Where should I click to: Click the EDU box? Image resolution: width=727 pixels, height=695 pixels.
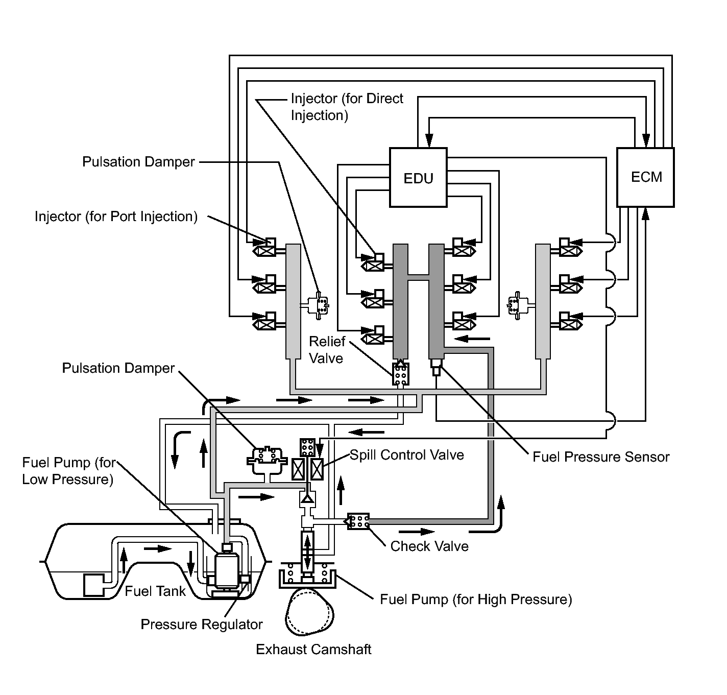[x=418, y=178]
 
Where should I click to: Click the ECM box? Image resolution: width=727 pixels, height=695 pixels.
[x=646, y=177]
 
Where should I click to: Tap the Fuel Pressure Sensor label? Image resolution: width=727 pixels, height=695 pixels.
[x=601, y=457]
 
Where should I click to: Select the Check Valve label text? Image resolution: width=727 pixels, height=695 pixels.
[x=429, y=546]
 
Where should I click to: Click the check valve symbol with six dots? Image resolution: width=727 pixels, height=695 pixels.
[x=358, y=521]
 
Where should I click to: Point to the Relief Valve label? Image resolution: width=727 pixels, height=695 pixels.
[x=327, y=350]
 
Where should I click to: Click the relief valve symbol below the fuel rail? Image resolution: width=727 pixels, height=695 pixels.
[x=400, y=374]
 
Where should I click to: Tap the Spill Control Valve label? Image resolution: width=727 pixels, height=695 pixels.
[x=407, y=455]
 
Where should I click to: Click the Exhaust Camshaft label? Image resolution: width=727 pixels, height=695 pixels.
[x=313, y=650]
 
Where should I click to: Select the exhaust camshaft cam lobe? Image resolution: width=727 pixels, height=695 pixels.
[x=307, y=611]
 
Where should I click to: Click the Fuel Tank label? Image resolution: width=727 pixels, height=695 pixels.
[x=155, y=591]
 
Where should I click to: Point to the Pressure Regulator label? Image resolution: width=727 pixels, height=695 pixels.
[x=202, y=625]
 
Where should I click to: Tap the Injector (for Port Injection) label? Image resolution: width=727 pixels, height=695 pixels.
[x=116, y=217]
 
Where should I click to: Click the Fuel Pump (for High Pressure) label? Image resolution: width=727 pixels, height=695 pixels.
[x=476, y=599]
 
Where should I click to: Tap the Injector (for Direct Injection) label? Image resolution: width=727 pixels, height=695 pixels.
[x=347, y=107]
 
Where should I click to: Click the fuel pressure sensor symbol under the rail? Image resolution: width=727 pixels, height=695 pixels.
[x=436, y=367]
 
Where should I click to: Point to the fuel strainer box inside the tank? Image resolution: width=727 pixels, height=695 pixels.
[x=93, y=584]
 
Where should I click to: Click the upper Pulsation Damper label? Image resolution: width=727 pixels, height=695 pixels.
[x=138, y=162]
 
